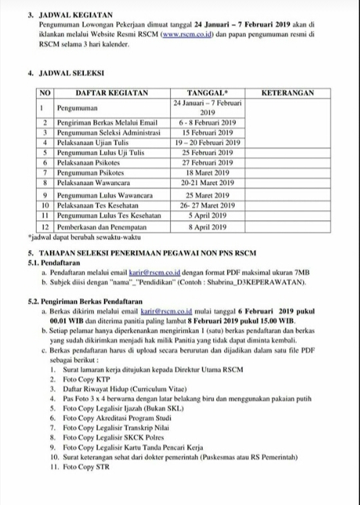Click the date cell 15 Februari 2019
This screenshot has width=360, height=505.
(207, 133)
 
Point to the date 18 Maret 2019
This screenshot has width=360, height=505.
(207, 171)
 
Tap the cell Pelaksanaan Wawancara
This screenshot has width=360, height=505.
(97, 181)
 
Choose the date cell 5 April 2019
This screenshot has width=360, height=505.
(207, 216)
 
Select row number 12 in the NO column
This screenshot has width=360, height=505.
(43, 227)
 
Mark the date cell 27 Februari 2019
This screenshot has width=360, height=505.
(207, 162)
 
